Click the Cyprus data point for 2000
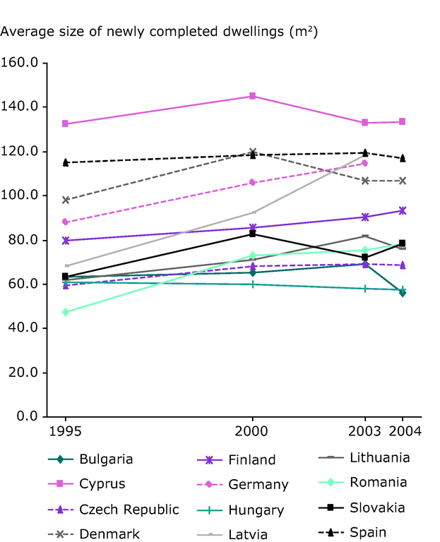(x=252, y=96)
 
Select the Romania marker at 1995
(x=66, y=312)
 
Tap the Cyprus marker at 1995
(x=66, y=124)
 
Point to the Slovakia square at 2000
(x=252, y=234)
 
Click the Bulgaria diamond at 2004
(x=403, y=292)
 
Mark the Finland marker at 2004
(x=403, y=210)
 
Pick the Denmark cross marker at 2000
(x=252, y=152)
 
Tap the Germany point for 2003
(x=365, y=163)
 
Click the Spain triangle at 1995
(x=66, y=162)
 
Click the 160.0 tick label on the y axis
(x=25, y=63)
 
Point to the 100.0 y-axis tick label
(x=25, y=195)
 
